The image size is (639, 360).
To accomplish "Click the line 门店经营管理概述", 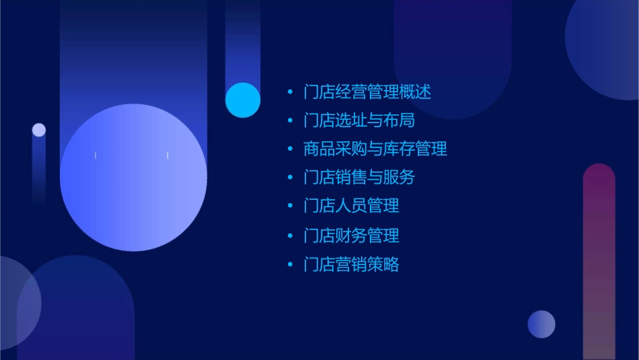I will pos(367,92).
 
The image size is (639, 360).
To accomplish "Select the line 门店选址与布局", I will pos(359,120).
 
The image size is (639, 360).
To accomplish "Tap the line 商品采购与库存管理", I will pos(375,149).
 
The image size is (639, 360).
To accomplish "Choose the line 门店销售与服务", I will pos(359,178).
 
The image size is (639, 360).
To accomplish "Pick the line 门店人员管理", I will pos(351,206).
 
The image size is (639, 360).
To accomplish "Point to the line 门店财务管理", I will pos(351,236).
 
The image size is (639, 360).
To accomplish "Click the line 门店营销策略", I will pos(351,264).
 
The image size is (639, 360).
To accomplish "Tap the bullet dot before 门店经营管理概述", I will pos(290,92).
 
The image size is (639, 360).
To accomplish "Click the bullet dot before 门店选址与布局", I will pos(290,120).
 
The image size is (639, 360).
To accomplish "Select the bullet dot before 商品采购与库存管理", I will pos(290,149).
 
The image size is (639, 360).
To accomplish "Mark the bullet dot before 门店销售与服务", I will pos(290,178).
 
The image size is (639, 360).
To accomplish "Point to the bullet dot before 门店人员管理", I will pos(290,206).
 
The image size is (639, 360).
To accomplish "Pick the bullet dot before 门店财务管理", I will pos(290,236).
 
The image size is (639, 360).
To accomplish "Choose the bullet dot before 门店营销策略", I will pos(290,264).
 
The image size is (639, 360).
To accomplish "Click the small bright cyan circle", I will pos(243,100).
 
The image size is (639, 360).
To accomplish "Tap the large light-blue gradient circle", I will pos(133,178).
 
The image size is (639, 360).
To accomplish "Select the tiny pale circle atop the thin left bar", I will pos(39,130).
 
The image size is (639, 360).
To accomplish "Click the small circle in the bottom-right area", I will pos(541,324).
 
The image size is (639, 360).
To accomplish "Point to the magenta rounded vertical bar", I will pos(599,262).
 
